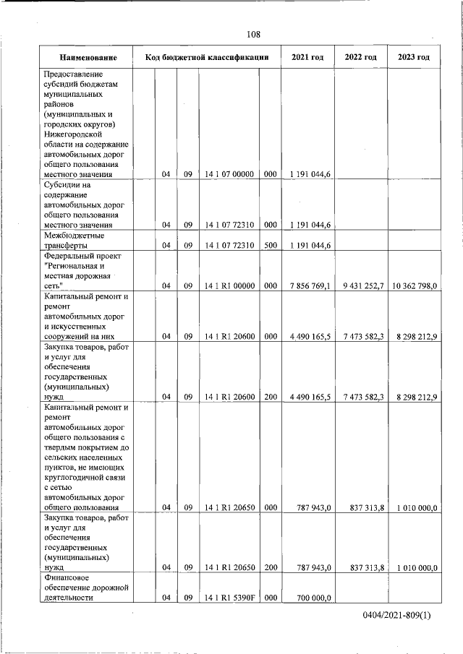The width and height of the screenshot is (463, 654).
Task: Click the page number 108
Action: coord(252,35)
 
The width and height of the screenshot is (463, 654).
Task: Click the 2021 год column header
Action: coord(307,57)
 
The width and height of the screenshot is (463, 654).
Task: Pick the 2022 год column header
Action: coord(360,57)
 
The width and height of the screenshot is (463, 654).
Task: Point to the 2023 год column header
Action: coord(414,57)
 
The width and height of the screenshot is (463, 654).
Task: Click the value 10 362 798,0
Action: coord(415,286)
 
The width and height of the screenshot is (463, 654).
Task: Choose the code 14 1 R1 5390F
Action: coord(229,598)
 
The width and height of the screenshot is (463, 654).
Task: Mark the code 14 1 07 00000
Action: coord(229,174)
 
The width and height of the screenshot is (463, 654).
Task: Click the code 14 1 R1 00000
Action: coord(229,286)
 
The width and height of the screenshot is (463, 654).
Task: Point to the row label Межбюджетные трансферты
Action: coord(75,240)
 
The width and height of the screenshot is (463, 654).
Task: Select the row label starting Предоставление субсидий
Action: coord(86,124)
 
